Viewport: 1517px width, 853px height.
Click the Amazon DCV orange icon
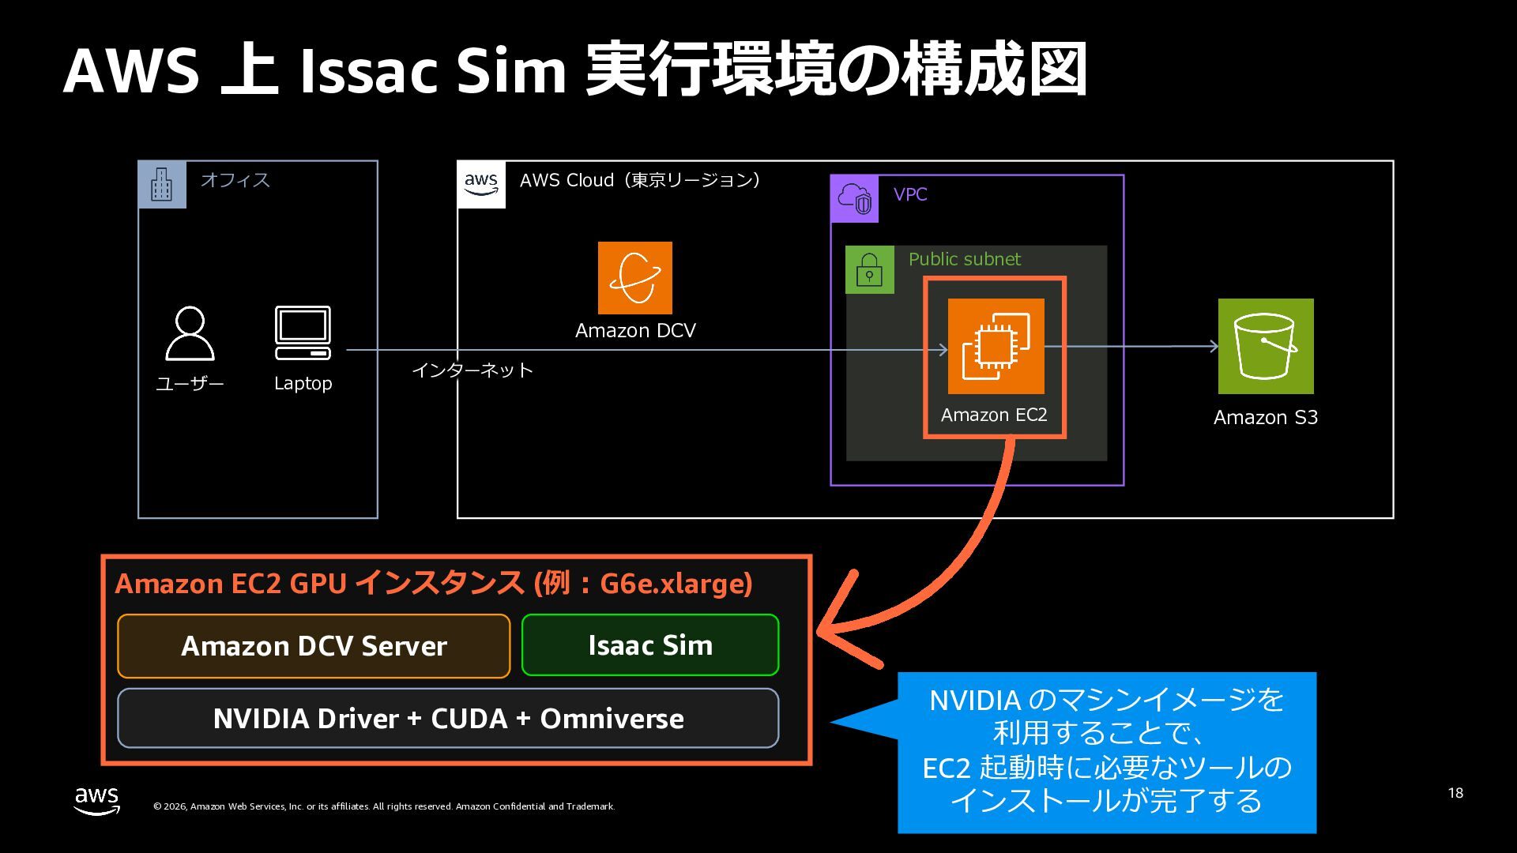pos(634,278)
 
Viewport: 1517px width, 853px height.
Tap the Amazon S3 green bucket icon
pos(1265,346)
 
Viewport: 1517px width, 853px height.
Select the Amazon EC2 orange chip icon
pos(996,346)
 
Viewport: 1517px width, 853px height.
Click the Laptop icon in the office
pos(303,333)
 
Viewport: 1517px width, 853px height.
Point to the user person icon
pos(190,333)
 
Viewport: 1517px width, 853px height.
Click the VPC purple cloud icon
pos(854,198)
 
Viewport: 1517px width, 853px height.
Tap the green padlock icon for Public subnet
pos(869,270)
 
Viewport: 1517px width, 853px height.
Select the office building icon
pos(162,185)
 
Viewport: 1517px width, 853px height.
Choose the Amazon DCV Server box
pos(314,646)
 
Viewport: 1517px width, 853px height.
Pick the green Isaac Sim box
pos(650,645)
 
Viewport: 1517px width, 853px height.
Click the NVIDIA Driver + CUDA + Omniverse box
pos(448,719)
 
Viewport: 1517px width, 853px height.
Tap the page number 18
pos(1455,793)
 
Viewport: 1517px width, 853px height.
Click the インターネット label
pos(472,370)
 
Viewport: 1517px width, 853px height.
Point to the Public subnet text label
pos(964,259)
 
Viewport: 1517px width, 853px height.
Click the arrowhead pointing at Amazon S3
pos(1213,346)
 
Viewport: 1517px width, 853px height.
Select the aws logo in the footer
pos(97,800)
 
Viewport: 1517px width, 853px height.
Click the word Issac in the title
pos(368,71)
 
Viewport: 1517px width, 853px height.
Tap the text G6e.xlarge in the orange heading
pos(675,584)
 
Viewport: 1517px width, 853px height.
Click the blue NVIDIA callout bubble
pos(1106,752)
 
